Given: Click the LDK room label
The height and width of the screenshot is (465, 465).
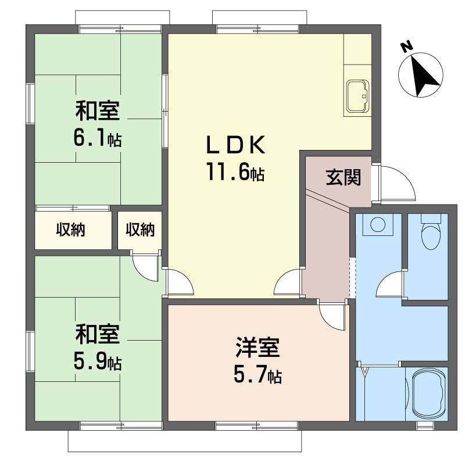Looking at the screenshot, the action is (x=236, y=145).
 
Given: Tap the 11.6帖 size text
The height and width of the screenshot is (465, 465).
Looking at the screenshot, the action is (x=236, y=172).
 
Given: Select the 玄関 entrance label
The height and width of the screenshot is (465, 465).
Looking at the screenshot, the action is (x=344, y=177).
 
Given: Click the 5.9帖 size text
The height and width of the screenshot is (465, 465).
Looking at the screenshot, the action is (x=98, y=362).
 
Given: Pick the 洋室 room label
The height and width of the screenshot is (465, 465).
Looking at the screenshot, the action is (x=257, y=347).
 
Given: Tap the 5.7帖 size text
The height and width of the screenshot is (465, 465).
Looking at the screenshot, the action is (x=257, y=374).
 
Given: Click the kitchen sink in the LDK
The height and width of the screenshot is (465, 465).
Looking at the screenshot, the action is (x=357, y=96).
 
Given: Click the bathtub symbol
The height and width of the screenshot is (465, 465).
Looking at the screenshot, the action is (x=429, y=394).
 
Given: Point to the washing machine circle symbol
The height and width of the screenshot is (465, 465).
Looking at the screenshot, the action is (x=378, y=224).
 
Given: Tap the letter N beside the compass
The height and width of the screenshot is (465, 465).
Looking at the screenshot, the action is (x=406, y=47).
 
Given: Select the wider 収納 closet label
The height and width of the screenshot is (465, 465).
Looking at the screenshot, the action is (x=70, y=230).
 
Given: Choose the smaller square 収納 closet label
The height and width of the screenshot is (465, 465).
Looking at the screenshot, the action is (x=140, y=230).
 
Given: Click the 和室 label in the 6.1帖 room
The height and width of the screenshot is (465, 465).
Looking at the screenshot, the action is (x=98, y=111).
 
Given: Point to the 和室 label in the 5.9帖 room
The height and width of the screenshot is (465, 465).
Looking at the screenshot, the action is (x=98, y=335).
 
